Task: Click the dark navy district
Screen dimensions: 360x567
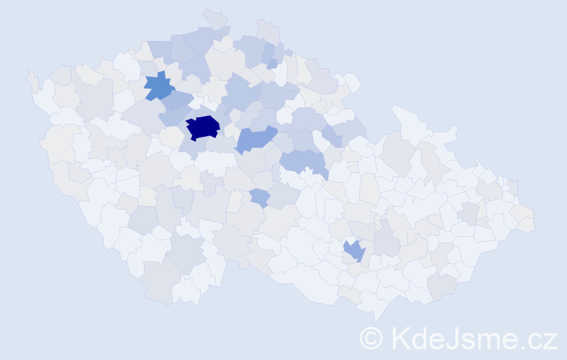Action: tap(203, 127)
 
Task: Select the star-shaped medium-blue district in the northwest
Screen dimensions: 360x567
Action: tap(159, 86)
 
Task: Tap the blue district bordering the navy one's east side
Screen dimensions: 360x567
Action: tap(256, 138)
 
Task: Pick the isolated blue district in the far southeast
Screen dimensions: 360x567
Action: tap(355, 250)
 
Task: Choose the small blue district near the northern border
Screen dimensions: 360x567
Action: tap(272, 64)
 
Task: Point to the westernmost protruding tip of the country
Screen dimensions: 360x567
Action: tap(30, 73)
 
